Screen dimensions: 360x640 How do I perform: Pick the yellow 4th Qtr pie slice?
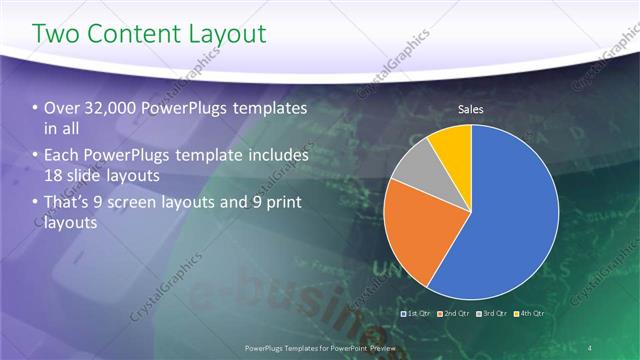point(451,144)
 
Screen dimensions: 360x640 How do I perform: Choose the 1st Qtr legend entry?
point(417,314)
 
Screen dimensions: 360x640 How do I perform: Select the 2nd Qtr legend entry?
point(455,314)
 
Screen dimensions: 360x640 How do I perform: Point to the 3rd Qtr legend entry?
point(492,314)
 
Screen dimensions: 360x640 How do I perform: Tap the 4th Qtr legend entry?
point(529,314)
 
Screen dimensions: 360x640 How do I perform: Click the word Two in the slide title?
point(58,35)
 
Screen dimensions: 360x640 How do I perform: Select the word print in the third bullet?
point(279,204)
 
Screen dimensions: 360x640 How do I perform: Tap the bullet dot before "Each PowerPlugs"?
point(36,157)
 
